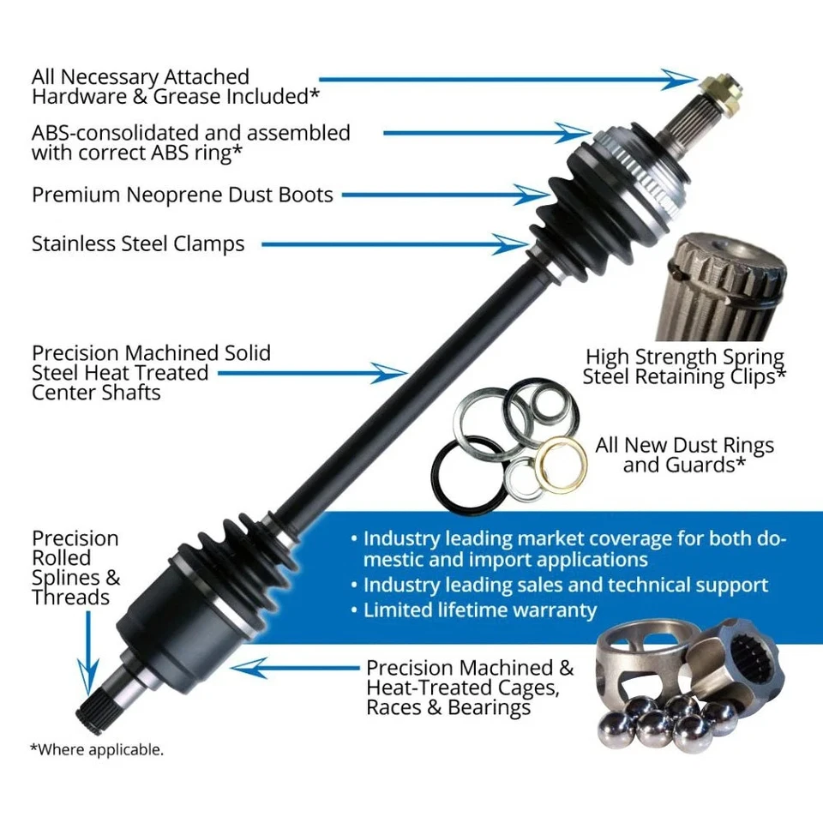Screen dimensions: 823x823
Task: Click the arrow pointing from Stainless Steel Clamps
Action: coord(394,245)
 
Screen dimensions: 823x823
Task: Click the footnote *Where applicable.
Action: coord(97,749)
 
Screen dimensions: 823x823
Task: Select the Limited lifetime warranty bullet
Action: coord(479,610)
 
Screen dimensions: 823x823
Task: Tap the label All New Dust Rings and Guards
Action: coord(684,455)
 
